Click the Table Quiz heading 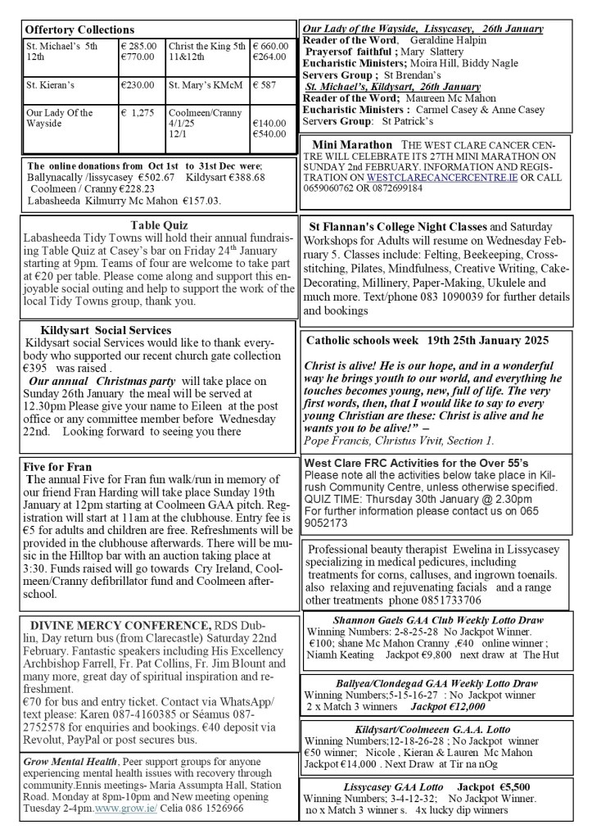click(159, 225)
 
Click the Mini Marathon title click(351, 145)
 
